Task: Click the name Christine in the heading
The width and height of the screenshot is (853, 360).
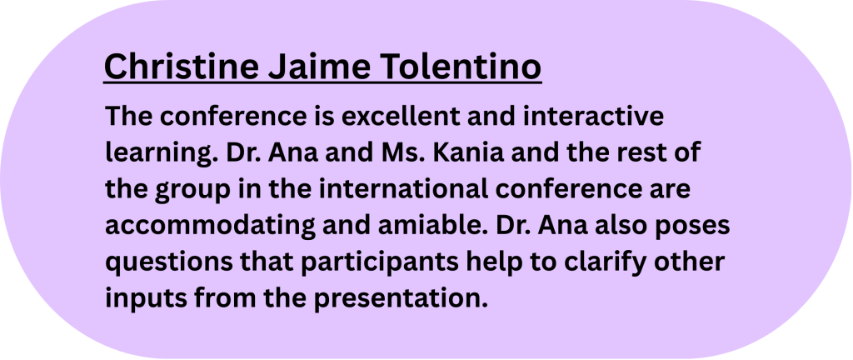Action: click(181, 66)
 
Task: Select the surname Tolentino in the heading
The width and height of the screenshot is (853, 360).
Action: click(461, 66)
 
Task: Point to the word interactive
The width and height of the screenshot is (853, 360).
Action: click(594, 117)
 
